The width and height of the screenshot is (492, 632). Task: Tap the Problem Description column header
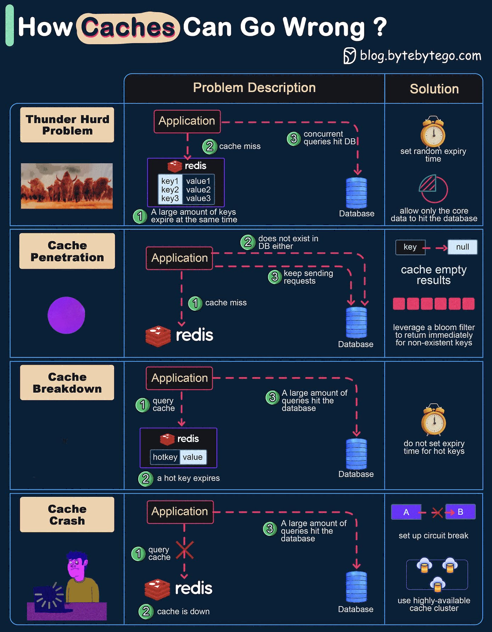254,88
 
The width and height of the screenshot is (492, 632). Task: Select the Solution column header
434,89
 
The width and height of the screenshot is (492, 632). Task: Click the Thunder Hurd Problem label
67,125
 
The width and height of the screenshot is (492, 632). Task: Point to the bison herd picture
67,186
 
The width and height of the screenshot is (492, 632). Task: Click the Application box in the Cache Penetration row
179,258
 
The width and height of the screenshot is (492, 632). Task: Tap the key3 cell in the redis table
170,199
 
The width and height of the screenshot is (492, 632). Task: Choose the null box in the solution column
462,247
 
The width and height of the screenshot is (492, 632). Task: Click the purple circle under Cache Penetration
66,315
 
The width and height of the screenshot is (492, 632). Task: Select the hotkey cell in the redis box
165,457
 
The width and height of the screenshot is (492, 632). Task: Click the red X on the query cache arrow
185,550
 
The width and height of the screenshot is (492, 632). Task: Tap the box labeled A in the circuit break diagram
406,512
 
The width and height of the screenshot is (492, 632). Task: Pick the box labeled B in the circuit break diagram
460,512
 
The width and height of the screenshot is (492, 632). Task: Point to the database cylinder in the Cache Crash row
356,587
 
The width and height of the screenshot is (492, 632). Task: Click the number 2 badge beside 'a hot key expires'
145,478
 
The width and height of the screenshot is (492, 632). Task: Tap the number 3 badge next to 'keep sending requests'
274,277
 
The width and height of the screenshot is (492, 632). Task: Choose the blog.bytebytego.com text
420,56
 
